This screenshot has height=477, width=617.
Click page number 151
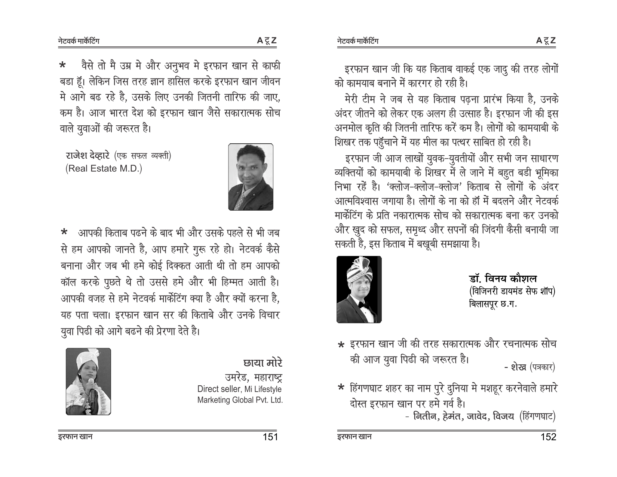tap(269, 437)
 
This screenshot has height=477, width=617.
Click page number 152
tap(548, 437)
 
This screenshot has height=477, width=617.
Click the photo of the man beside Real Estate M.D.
tap(251, 177)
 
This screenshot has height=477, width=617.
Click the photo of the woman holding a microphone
tap(88, 381)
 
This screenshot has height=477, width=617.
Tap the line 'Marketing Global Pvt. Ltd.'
tap(240, 400)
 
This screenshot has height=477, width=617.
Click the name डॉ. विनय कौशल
tap(503, 279)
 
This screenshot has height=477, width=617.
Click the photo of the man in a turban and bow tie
tap(359, 289)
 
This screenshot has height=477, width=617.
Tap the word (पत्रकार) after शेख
tap(542, 367)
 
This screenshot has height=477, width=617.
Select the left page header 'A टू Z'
tap(267, 40)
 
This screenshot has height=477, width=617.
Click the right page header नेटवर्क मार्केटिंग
tap(357, 41)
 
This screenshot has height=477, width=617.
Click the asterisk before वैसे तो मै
tap(63, 67)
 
